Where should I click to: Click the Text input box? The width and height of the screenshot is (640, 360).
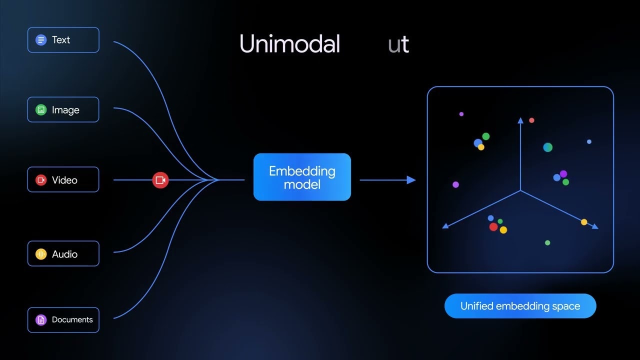coord(63,40)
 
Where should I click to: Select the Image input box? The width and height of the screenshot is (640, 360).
coord(63,110)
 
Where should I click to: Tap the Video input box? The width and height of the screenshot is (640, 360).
coord(63,180)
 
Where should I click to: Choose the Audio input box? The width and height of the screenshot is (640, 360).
coord(63,254)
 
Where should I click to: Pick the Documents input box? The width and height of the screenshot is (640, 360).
coord(63,320)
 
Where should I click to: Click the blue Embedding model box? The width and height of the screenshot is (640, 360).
coord(302,177)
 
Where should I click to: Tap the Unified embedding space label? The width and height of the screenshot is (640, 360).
coord(520,306)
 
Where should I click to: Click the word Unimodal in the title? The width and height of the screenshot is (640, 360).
coord(289,44)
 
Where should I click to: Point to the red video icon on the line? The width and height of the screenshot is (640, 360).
coord(160,180)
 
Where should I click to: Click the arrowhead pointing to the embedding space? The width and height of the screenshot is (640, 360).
coord(411,180)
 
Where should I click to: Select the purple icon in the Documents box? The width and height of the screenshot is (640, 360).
coord(41,320)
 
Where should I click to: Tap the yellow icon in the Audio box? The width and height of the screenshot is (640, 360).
coord(41,254)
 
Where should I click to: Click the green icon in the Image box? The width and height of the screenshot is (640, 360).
coord(41,110)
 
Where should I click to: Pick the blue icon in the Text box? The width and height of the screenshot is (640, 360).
coord(41,40)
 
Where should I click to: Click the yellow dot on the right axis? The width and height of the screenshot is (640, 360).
coord(584,222)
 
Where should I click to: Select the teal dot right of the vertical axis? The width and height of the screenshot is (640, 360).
coord(548,147)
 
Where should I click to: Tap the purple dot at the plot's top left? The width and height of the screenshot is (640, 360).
coord(461,114)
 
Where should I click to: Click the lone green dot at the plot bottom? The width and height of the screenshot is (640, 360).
coord(547,243)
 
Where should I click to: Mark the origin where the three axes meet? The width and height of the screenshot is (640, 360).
coord(520,190)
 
